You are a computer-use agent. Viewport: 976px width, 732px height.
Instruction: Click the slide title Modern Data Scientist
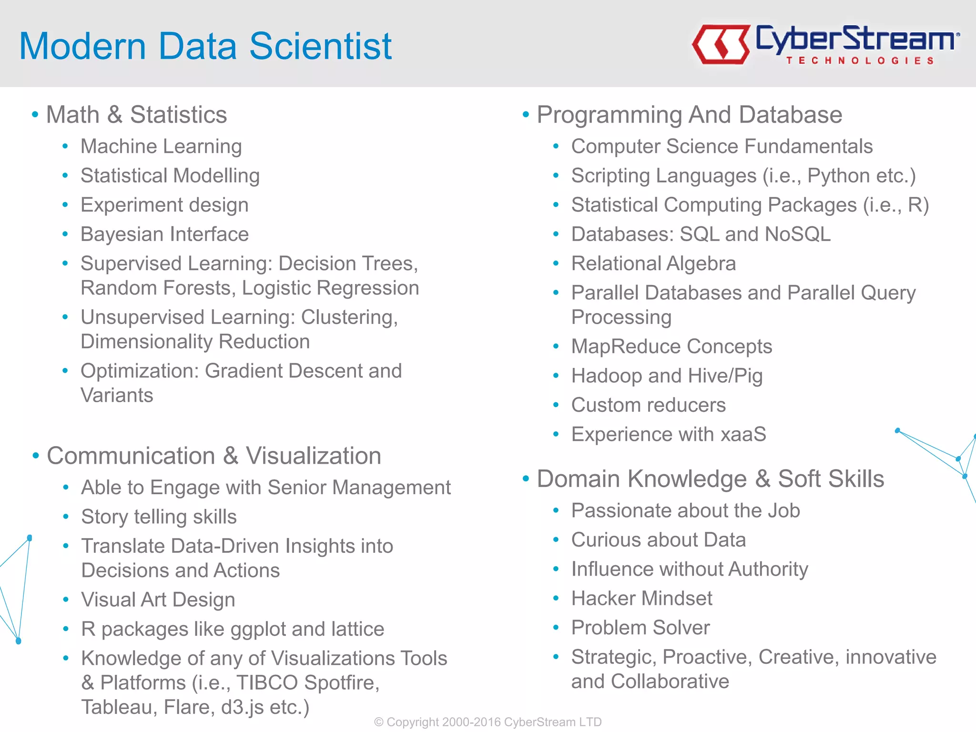click(205, 46)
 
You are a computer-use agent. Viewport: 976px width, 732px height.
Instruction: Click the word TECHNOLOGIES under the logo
click(860, 61)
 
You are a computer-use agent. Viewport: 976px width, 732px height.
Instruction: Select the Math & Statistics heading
click(136, 115)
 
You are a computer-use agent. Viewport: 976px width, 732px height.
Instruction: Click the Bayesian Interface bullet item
click(164, 234)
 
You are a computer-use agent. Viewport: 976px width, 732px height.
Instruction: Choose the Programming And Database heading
click(689, 115)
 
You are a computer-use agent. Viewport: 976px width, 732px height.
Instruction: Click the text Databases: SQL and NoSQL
click(701, 234)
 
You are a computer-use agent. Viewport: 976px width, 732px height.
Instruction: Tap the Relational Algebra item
click(653, 264)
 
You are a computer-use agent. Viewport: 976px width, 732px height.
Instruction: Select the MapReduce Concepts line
click(671, 346)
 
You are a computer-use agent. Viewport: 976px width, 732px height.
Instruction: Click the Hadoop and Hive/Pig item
click(667, 376)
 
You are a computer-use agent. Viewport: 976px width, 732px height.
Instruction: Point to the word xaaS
click(743, 434)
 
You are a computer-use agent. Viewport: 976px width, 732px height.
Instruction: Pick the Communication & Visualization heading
click(213, 456)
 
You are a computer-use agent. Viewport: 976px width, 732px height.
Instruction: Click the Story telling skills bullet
click(159, 517)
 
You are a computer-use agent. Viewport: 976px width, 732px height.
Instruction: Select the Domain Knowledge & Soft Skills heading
click(710, 479)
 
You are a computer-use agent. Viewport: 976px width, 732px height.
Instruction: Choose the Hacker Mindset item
click(641, 599)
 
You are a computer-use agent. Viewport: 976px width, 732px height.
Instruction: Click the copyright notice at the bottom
click(488, 722)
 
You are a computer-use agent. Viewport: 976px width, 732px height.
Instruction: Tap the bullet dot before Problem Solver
click(556, 628)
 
